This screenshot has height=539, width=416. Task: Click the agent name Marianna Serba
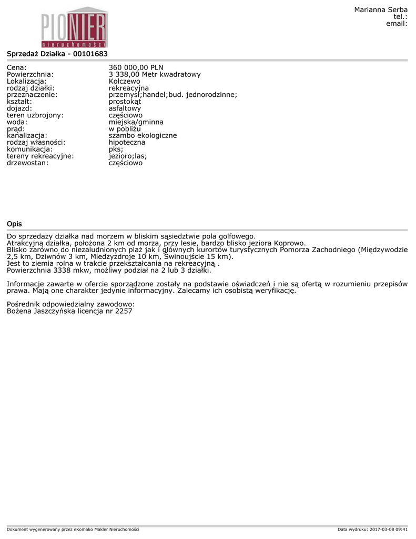pos(381,10)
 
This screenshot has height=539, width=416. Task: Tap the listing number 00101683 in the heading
pos(90,54)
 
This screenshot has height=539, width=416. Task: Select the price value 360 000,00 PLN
pos(136,67)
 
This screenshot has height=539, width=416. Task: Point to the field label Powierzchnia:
pos(30,74)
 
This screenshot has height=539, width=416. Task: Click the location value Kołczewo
pos(124,81)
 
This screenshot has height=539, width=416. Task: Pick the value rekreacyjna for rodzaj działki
pos(129,88)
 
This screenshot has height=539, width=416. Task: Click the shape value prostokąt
pos(125,102)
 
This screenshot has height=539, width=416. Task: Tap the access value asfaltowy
pos(125,108)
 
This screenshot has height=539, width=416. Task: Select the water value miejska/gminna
pos(136,122)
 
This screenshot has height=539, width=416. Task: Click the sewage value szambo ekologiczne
pos(143,136)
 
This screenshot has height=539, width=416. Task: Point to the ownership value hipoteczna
pos(127,143)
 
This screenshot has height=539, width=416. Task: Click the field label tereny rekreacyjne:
pos(40,156)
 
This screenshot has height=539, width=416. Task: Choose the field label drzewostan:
pos(27,163)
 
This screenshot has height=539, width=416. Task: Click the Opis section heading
pos(14,224)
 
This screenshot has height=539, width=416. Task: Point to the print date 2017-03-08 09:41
pos(389,529)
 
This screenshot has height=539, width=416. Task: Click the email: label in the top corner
pos(397,24)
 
